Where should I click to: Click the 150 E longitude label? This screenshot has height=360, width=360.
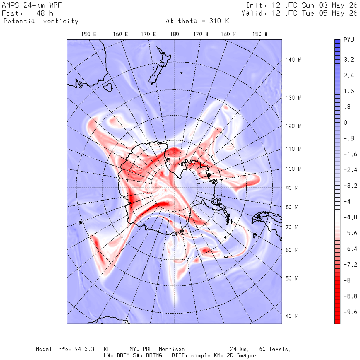[89, 34]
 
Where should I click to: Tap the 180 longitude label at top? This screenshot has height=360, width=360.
[174, 34]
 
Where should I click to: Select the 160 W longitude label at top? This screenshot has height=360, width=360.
[228, 34]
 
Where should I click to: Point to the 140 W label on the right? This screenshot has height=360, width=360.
[293, 60]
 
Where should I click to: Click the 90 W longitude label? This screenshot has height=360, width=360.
[292, 188]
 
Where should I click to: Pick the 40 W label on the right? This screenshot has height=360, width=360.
[292, 316]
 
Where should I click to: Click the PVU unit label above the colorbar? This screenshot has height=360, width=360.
[349, 40]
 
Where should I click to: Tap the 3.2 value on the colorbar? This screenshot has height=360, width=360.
[349, 60]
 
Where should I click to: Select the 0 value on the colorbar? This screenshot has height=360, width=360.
[345, 123]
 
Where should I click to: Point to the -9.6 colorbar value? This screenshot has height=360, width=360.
[350, 312]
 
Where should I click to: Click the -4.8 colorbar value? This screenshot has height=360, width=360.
[350, 217]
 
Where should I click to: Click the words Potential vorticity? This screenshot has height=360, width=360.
[41, 21]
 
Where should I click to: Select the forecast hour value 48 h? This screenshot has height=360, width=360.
[45, 13]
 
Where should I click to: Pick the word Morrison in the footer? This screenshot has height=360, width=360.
[172, 349]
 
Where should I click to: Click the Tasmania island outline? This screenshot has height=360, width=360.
[108, 87]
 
